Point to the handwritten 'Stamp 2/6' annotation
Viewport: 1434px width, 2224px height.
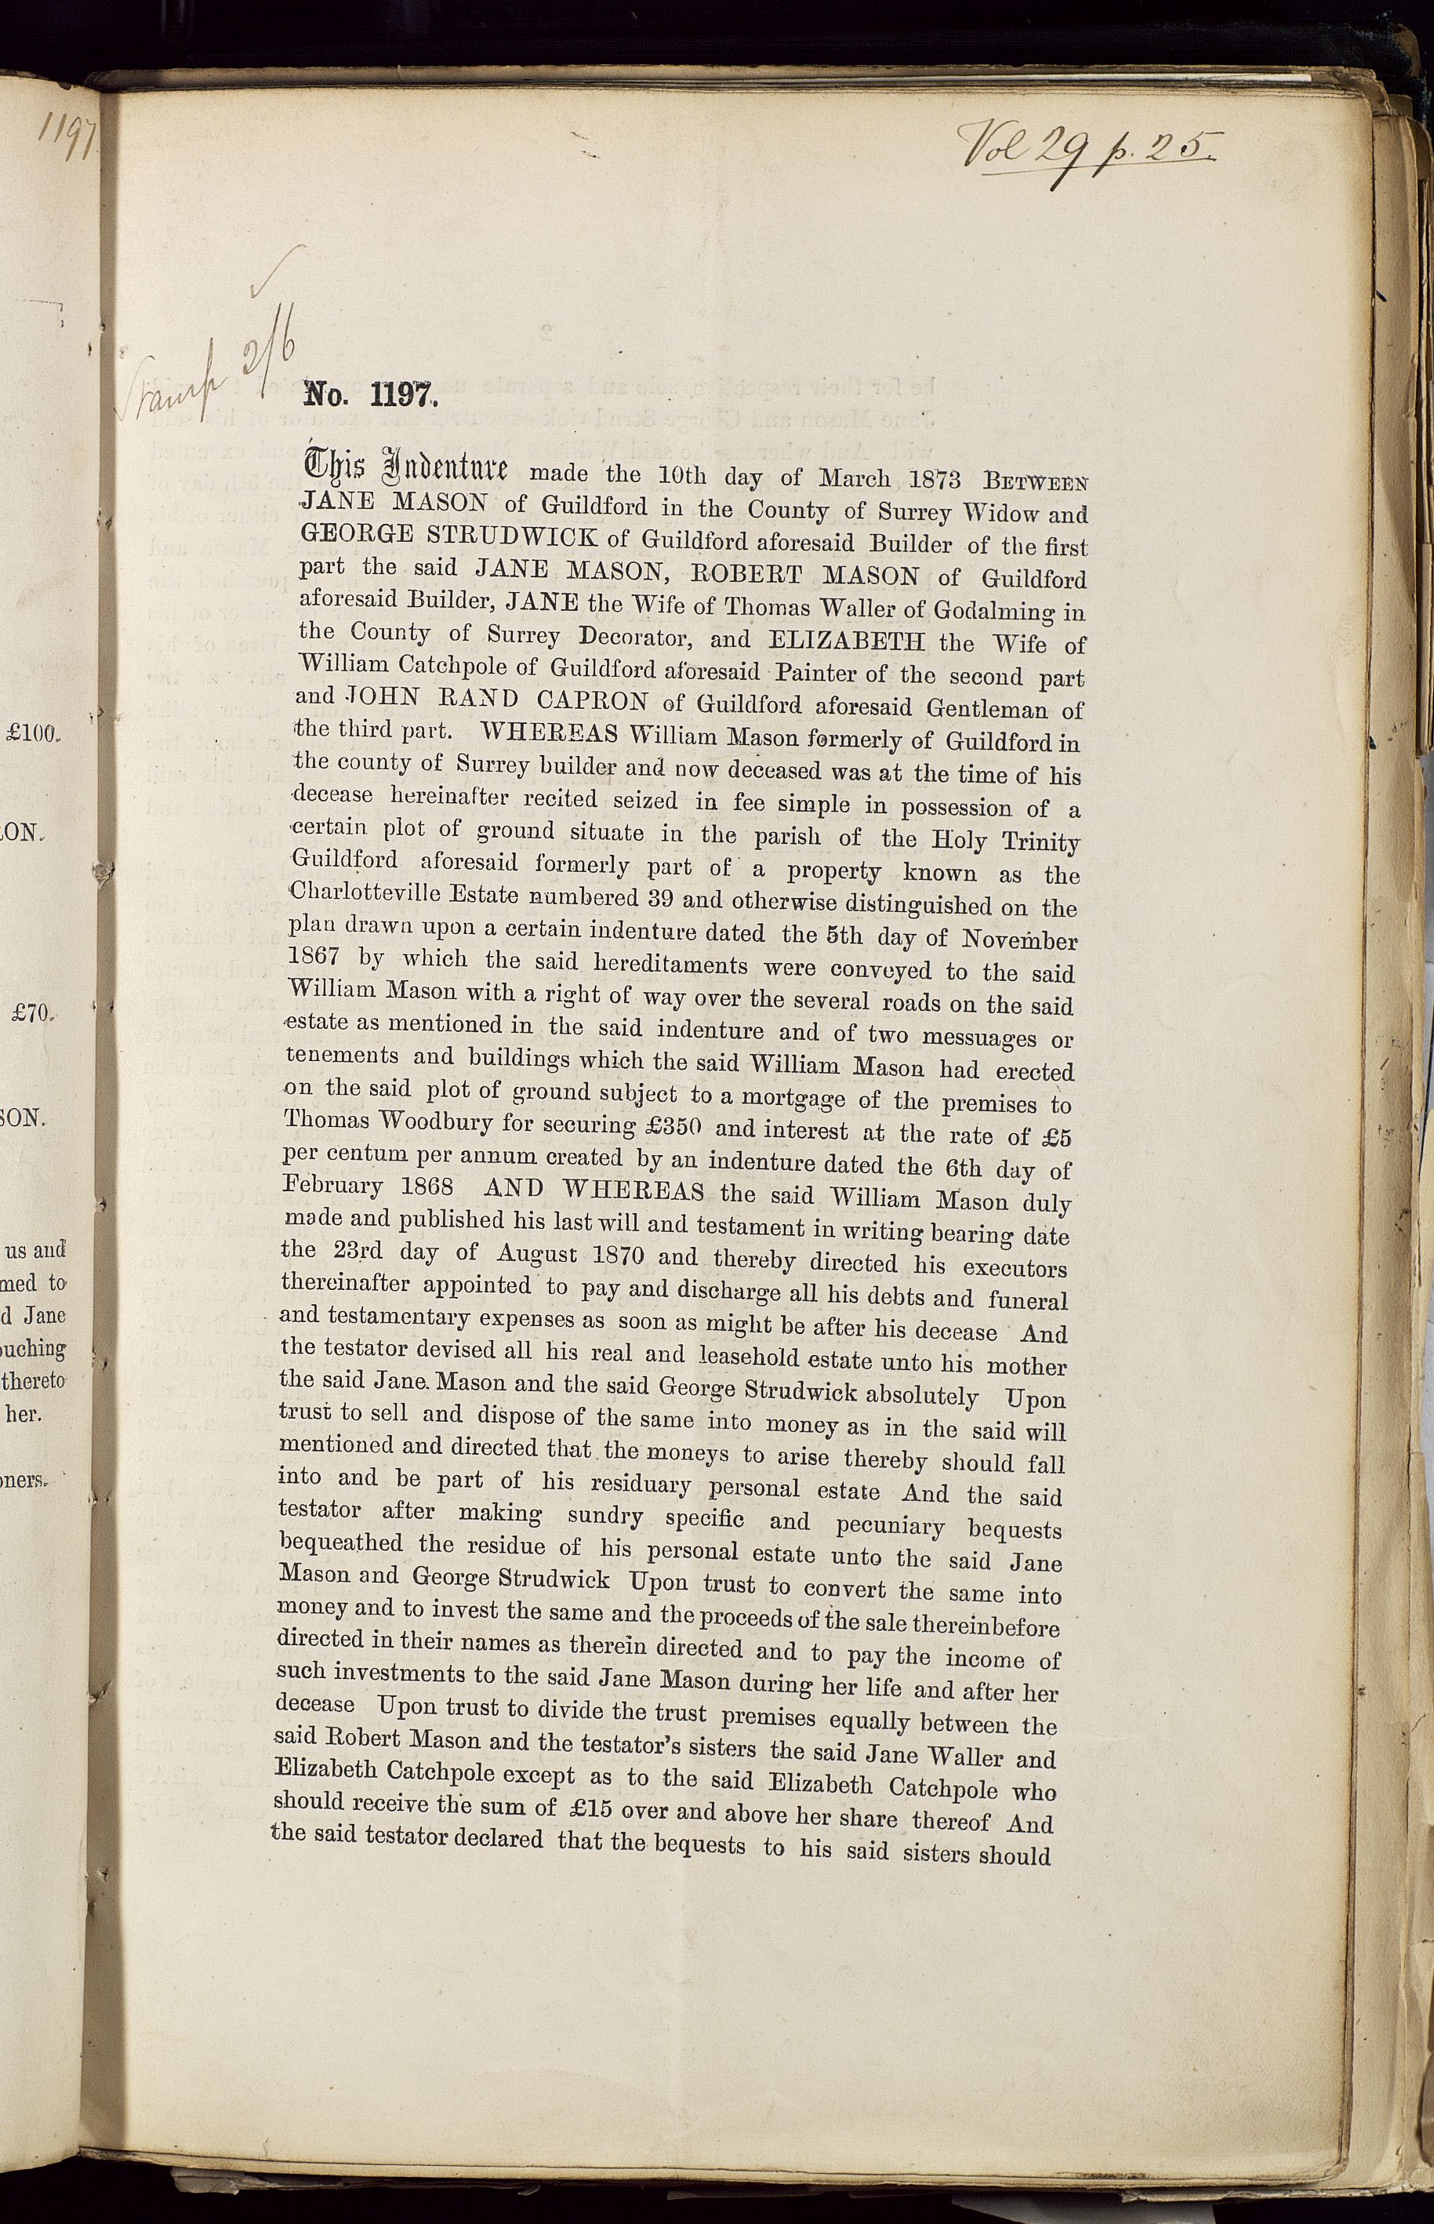click(210, 372)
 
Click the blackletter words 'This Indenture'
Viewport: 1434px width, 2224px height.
click(402, 466)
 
